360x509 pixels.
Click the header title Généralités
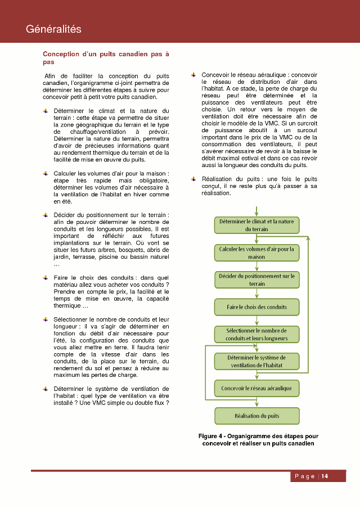[x=54, y=29]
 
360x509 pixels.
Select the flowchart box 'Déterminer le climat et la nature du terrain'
[x=256, y=226]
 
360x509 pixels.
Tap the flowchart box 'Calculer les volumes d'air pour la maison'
[x=256, y=253]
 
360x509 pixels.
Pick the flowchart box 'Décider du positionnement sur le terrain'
[x=256, y=280]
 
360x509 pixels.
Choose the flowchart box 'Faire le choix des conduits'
[x=256, y=307]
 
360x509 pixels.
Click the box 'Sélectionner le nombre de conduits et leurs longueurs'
[x=256, y=334]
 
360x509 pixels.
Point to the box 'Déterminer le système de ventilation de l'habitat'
[x=256, y=361]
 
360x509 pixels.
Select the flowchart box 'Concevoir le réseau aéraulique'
[x=256, y=388]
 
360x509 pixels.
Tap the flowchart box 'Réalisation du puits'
[x=256, y=416]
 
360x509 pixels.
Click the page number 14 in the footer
[x=325, y=476]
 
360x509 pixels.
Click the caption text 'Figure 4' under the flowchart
[x=211, y=436]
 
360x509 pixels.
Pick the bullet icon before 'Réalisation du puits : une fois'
[x=193, y=179]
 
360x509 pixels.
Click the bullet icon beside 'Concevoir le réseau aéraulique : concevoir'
[x=193, y=74]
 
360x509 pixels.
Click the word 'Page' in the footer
[x=304, y=476]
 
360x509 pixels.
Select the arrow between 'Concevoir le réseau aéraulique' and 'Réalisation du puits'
[x=256, y=402]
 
